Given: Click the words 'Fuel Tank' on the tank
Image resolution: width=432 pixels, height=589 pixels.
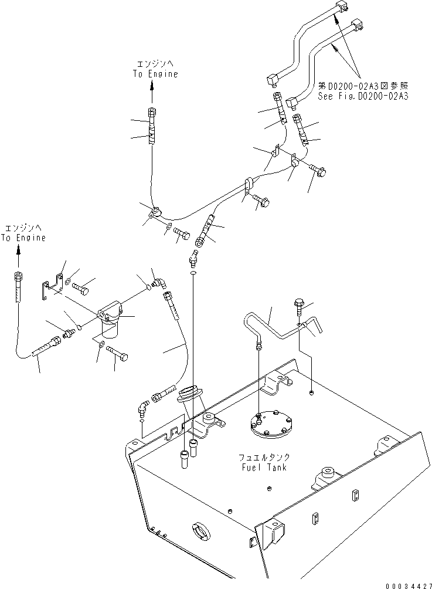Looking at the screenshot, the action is click(x=264, y=468).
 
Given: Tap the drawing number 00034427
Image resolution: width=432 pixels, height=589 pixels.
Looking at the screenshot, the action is click(x=409, y=585).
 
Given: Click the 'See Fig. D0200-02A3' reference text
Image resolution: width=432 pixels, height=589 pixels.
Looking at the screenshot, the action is click(x=363, y=96).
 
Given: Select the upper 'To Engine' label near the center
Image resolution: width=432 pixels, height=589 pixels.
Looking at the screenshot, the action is click(x=155, y=74).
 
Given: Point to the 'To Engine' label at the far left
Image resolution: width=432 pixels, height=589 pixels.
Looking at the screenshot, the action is click(x=23, y=238).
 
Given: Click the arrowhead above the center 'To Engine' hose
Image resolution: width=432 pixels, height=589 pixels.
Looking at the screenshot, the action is click(x=152, y=86).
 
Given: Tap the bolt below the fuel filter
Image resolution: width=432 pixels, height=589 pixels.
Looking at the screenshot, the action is click(x=117, y=353).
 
